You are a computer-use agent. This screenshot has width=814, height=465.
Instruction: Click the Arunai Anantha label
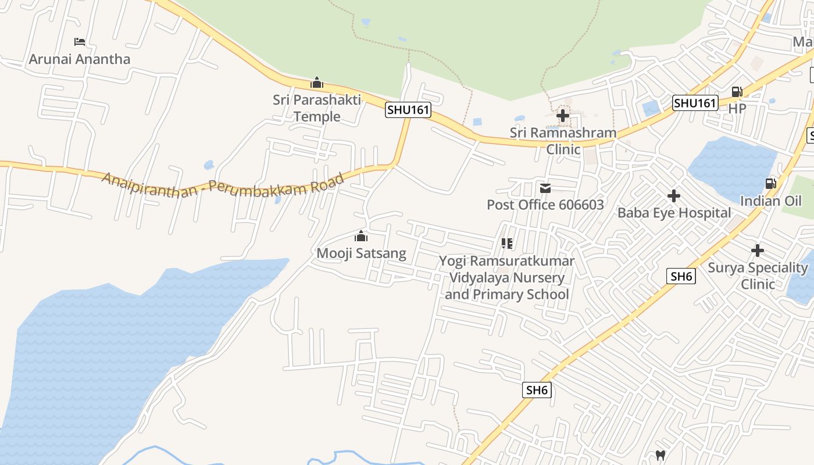tap(80, 59)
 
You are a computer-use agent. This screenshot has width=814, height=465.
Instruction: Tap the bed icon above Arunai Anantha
tap(80, 42)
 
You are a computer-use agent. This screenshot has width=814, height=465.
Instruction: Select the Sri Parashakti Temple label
tap(317, 108)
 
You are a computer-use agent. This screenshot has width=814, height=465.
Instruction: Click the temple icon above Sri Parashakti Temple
tap(317, 83)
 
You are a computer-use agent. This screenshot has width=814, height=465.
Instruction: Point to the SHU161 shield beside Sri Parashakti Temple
tap(408, 110)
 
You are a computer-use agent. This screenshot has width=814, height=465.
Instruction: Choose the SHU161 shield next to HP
tap(695, 103)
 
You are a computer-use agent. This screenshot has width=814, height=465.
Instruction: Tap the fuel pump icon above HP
tap(737, 92)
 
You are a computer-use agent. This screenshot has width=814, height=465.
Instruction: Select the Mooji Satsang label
tap(361, 253)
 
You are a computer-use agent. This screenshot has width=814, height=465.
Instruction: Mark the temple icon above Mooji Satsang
tap(361, 236)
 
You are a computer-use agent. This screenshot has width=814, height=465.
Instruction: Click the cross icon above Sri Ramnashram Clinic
tap(563, 116)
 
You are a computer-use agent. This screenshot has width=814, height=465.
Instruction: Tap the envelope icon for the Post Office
tap(545, 188)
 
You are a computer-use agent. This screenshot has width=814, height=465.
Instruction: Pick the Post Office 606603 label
tap(545, 205)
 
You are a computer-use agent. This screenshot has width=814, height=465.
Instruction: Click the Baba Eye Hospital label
tap(674, 213)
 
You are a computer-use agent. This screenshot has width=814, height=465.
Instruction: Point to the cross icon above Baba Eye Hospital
tap(674, 196)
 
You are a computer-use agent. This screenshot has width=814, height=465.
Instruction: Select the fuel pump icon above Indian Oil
tap(770, 184)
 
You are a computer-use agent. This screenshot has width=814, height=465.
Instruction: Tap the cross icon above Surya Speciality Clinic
tap(758, 251)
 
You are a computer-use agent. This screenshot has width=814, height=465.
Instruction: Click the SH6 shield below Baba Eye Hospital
tap(681, 277)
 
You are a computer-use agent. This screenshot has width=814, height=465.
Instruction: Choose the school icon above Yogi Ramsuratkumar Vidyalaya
tap(507, 244)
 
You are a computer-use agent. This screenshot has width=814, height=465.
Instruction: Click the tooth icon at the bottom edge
tap(661, 455)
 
